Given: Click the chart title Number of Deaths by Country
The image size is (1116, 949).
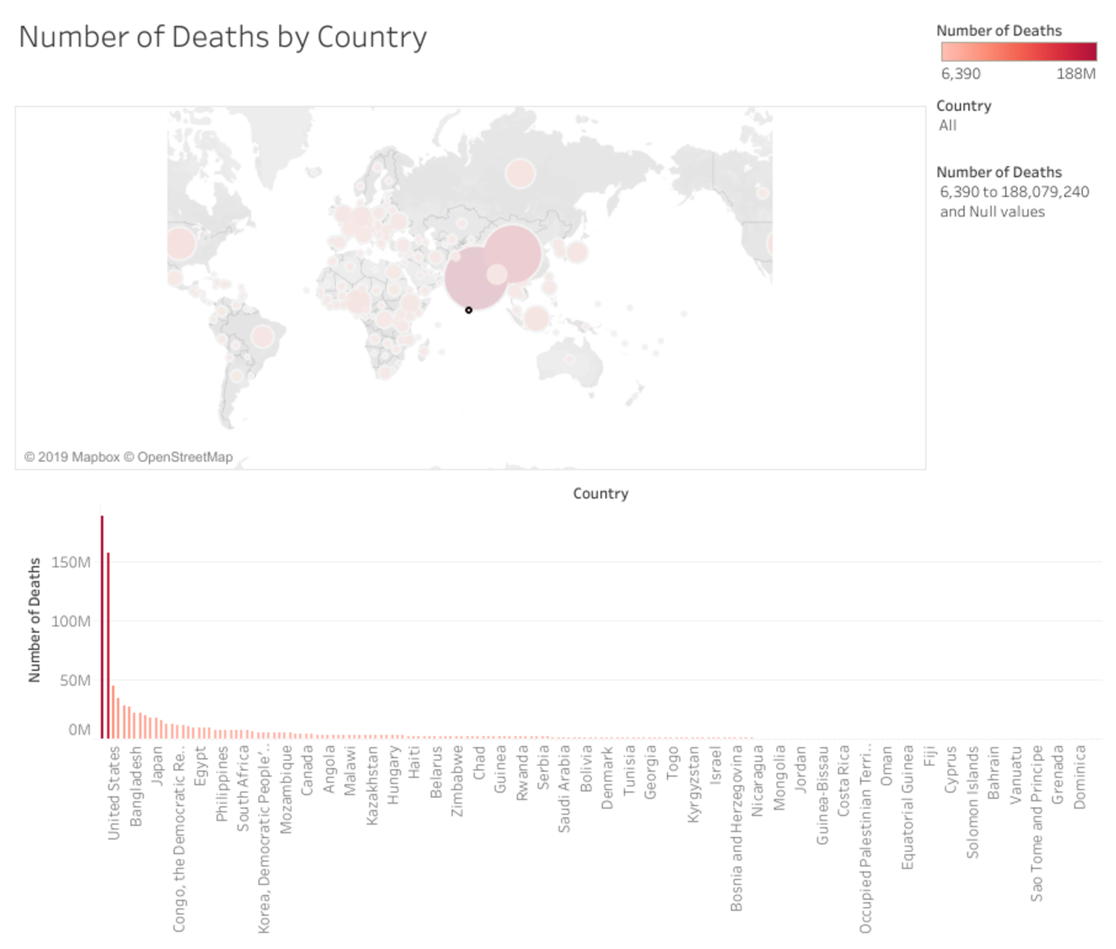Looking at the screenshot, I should (222, 37).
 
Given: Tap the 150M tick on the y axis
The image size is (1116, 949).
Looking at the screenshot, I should (71, 562).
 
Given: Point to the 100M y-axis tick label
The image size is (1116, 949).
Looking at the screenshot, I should (71, 621).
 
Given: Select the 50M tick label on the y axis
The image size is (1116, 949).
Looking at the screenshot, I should (75, 680).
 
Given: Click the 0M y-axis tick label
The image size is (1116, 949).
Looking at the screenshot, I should (79, 729).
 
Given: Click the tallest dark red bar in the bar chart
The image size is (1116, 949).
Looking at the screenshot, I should (102, 627).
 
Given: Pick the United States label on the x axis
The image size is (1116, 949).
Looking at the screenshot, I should (113, 793).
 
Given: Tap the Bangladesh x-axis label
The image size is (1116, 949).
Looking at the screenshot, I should (135, 786).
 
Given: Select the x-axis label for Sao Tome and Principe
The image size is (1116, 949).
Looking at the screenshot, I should (1036, 823).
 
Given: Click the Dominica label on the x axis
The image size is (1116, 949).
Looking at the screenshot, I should (1079, 777).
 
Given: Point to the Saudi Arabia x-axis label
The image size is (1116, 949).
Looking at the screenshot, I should (563, 789).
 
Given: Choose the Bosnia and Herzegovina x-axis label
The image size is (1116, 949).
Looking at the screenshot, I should (736, 828).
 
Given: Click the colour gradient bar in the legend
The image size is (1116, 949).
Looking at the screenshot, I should (1018, 52).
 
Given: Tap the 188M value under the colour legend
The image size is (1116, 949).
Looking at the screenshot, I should (1076, 74).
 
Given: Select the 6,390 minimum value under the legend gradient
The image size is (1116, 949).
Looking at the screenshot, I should (961, 74).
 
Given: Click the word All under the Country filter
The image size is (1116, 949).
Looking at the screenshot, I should (947, 125).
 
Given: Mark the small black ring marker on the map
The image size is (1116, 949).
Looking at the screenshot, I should (469, 310).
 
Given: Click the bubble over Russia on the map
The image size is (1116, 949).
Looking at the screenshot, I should (520, 174).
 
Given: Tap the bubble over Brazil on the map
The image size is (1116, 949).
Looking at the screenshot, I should (263, 336).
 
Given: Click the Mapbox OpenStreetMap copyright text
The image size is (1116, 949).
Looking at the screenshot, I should (128, 457).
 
